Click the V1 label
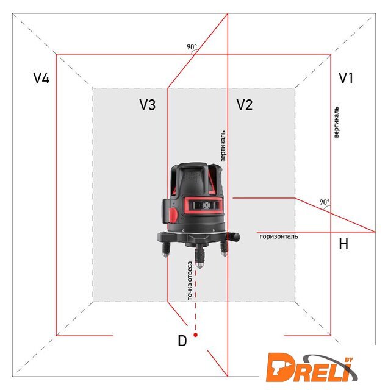click(x=346, y=78)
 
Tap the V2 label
click(x=245, y=105)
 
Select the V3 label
click(x=148, y=105)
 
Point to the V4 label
click(x=41, y=78)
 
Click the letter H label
click(x=343, y=244)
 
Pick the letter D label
click(x=182, y=341)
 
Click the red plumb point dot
click(x=195, y=335)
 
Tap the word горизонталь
click(x=279, y=236)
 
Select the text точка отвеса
click(x=190, y=281)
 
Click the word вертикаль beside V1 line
click(x=336, y=122)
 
